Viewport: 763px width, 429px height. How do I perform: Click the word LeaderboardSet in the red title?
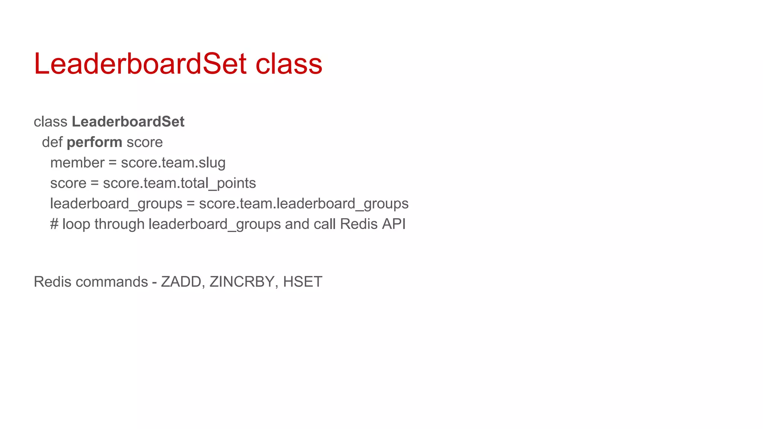[x=140, y=64]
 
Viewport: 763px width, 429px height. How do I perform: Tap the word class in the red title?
[x=289, y=64]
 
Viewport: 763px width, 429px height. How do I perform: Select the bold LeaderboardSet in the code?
[x=128, y=122]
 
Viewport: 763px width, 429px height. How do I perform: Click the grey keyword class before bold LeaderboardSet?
[x=50, y=122]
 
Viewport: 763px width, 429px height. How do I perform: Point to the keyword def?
[x=52, y=142]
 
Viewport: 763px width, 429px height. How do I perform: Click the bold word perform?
[x=94, y=142]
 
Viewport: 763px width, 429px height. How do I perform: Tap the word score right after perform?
[x=145, y=142]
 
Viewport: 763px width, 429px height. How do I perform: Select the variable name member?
[x=77, y=163]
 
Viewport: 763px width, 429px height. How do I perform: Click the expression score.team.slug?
[x=173, y=163]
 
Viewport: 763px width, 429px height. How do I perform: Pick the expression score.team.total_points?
[x=179, y=183]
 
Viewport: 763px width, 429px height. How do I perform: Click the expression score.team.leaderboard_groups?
[x=304, y=204]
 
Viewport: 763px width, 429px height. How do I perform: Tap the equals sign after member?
[x=113, y=163]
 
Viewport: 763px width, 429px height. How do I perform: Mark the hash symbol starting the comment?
[x=54, y=224]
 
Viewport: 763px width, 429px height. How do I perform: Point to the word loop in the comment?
[x=77, y=224]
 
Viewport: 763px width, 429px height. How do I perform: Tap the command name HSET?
[x=303, y=282]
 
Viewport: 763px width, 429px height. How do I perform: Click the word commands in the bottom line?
[x=112, y=282]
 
